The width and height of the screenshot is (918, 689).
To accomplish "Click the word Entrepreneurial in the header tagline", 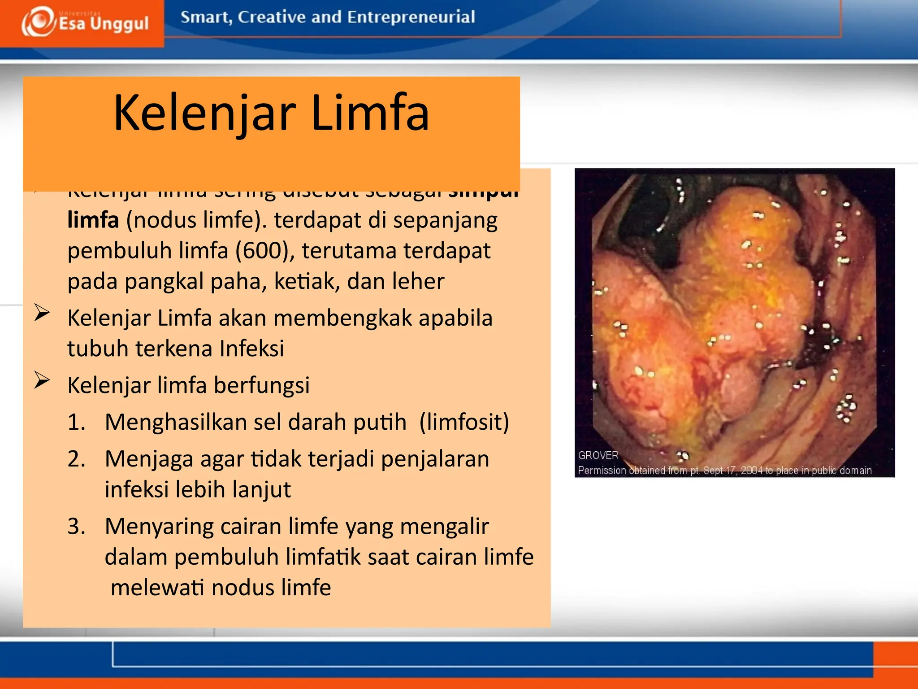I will point(411,17).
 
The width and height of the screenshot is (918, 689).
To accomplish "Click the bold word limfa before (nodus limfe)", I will point(93,220).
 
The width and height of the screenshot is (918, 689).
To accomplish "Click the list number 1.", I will point(76,422).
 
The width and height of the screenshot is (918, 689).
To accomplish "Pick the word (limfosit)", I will point(464,422).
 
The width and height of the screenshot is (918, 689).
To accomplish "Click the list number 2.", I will point(76,459).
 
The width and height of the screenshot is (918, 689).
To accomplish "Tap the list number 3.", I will point(76,526).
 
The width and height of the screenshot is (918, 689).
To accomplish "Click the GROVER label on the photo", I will point(598,455).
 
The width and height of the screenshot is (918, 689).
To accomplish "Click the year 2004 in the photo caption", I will point(751,471).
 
